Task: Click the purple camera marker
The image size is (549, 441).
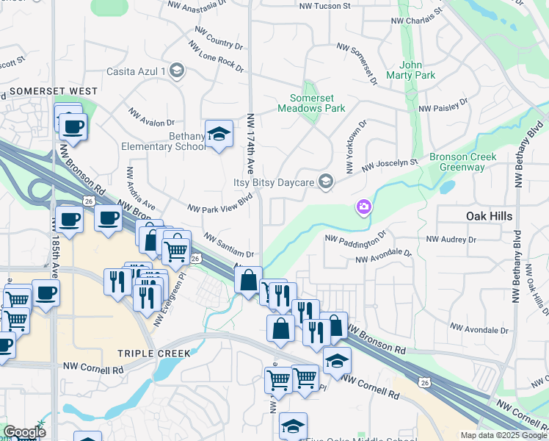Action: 363,208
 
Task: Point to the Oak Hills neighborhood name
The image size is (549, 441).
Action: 489,216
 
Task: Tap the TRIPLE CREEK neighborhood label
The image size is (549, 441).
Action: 154,353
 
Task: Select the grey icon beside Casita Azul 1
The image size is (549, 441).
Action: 176,71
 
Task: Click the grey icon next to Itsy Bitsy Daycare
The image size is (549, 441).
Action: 327,182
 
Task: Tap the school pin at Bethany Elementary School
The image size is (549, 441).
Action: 219,135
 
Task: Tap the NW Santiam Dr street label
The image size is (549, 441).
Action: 228,245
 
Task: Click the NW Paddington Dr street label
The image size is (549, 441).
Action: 355,240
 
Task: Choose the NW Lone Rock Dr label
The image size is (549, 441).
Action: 216,56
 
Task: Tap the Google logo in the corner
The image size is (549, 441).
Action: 24,432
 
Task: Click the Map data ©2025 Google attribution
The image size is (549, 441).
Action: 503,435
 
